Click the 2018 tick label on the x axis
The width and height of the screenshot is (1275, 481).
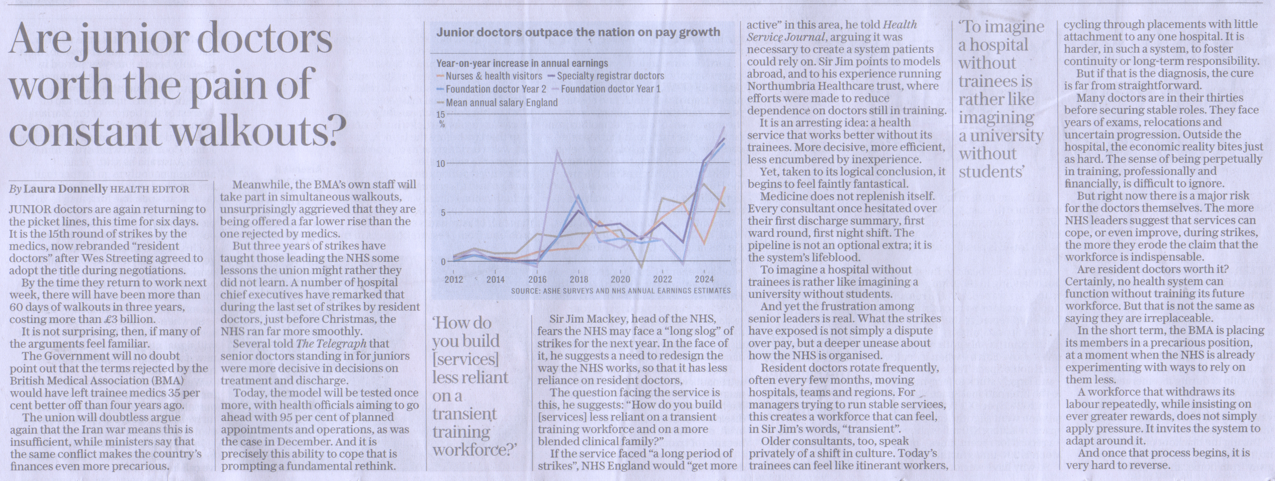(579, 279)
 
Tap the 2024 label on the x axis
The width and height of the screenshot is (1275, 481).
(704, 279)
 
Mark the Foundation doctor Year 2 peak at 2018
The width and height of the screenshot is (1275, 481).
(578, 196)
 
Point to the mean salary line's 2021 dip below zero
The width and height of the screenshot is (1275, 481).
(641, 267)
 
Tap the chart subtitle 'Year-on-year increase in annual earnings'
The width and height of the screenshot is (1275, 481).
(522, 64)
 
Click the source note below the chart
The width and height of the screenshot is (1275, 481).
(621, 291)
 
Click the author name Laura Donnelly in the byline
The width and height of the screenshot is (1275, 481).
(65, 189)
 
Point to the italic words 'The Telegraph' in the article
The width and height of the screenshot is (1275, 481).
(331, 344)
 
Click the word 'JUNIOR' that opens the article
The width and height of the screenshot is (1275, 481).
(29, 210)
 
